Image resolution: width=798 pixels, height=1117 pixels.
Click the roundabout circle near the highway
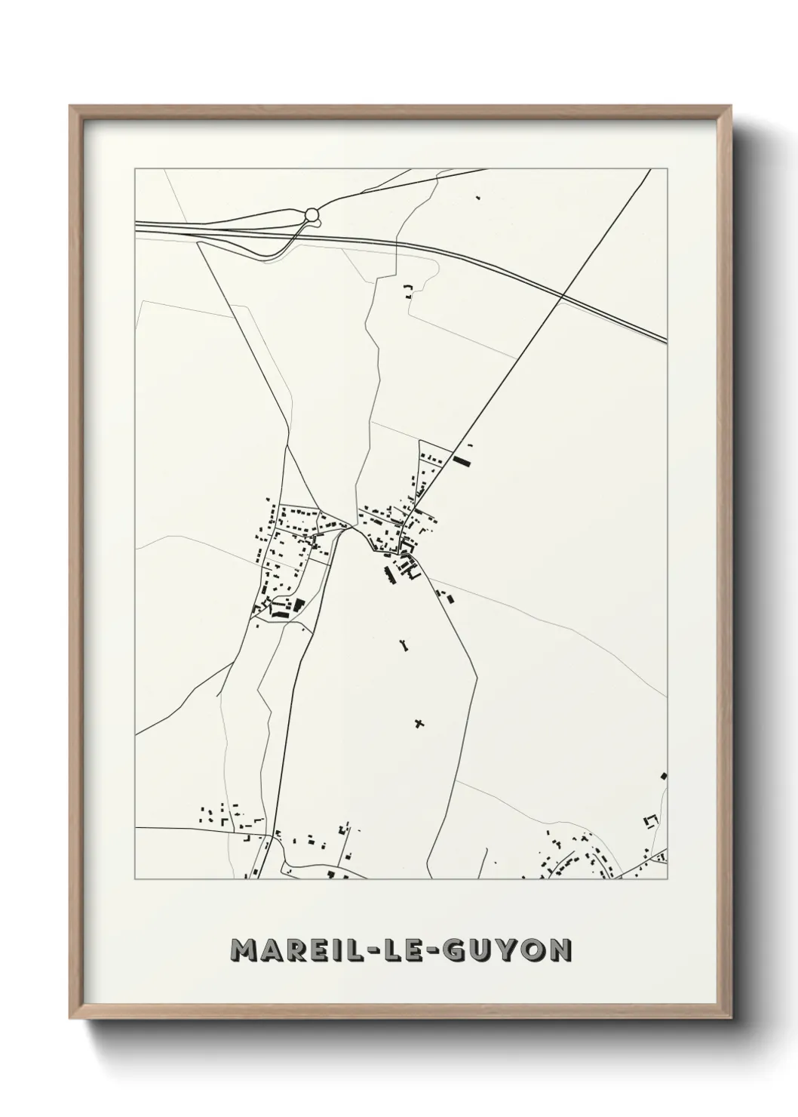[x=312, y=215]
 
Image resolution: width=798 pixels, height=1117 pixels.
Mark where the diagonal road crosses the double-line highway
[x=563, y=295]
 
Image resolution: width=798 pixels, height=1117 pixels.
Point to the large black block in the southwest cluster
[x=298, y=605]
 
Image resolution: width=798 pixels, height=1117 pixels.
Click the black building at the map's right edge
[x=664, y=775]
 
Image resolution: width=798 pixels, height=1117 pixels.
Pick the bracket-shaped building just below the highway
[x=410, y=291]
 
